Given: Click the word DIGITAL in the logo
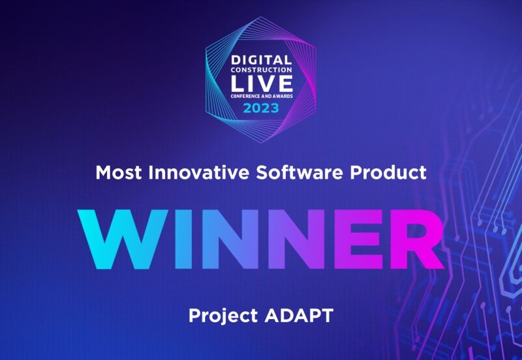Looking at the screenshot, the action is (262, 60).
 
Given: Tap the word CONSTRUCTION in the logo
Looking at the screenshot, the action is (262, 70).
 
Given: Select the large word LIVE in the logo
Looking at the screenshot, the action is (262, 83).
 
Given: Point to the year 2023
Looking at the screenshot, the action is (261, 108).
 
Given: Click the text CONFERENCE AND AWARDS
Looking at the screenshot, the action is (262, 96).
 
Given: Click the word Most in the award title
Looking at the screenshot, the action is (119, 172).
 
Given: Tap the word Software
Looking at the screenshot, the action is (299, 172).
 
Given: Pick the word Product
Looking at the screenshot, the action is (388, 172).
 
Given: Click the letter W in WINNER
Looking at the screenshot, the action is (123, 239).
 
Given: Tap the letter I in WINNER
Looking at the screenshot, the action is (183, 239).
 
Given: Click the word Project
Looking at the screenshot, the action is (223, 316).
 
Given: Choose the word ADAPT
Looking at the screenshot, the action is (299, 315).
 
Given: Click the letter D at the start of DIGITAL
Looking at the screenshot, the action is (236, 60).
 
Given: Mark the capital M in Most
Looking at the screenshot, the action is (103, 172).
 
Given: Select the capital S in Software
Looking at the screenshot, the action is (262, 172).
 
